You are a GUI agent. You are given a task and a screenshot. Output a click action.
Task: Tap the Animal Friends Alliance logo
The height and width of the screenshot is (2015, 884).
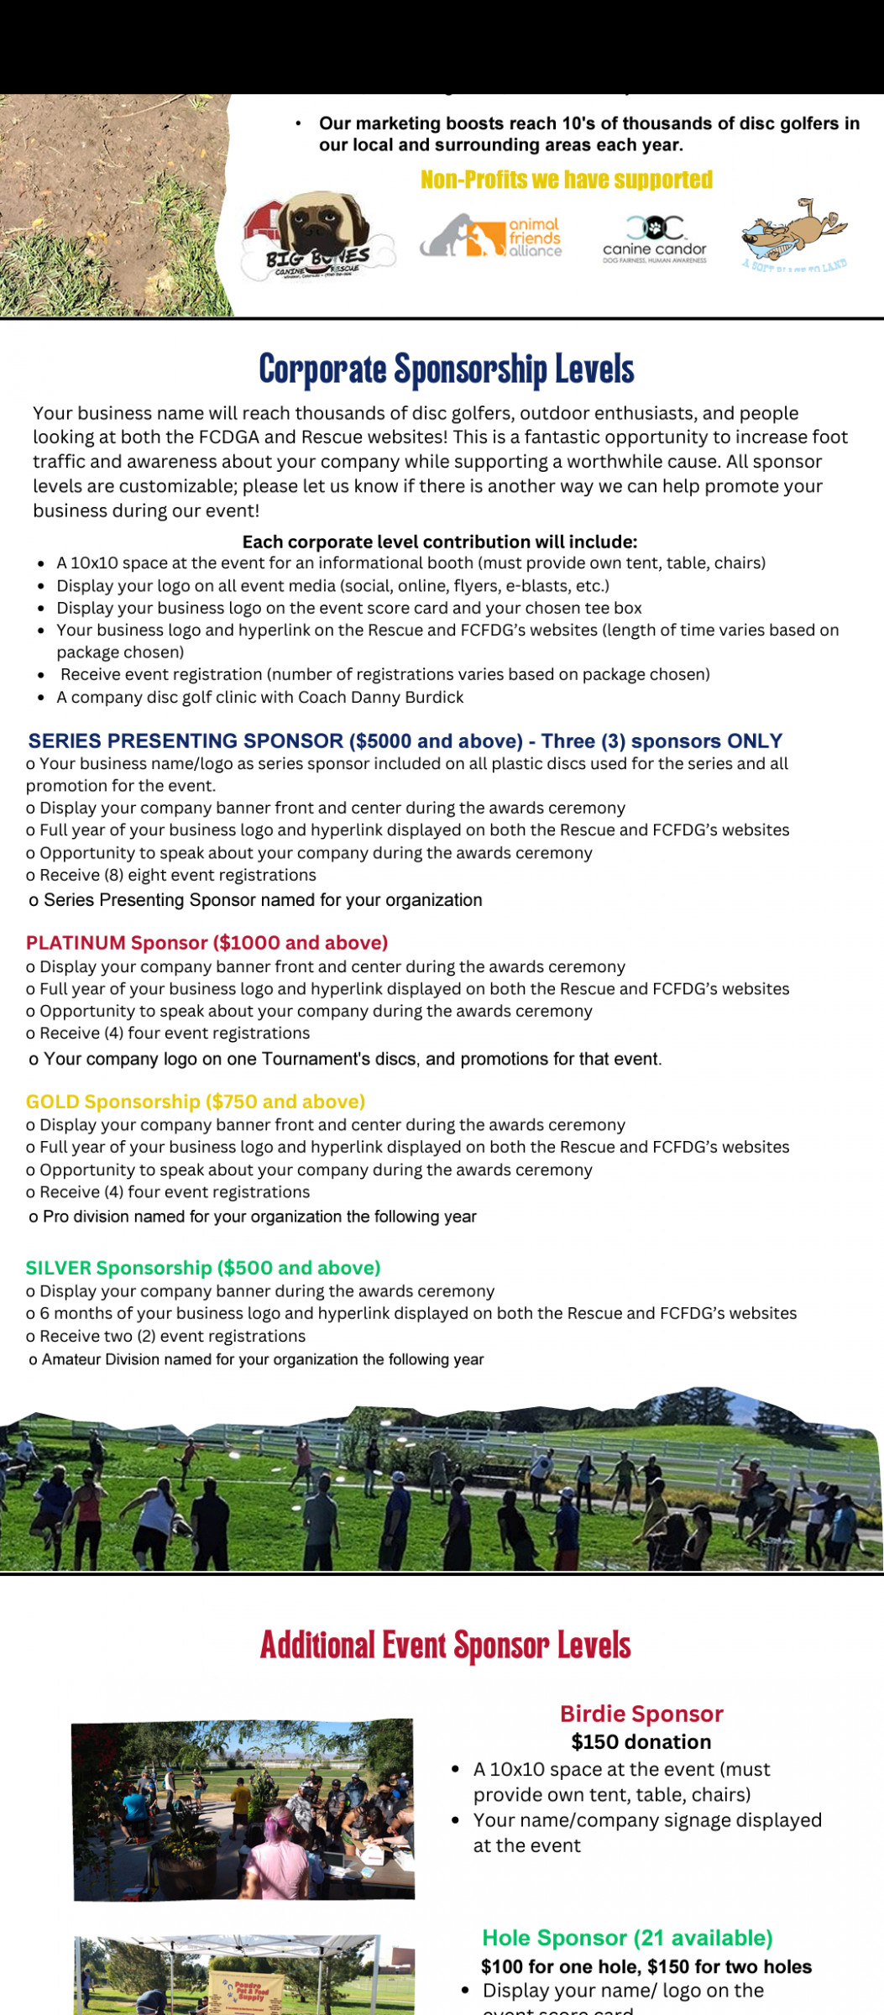click(491, 236)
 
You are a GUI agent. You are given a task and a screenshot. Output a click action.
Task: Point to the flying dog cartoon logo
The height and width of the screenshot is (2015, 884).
click(793, 233)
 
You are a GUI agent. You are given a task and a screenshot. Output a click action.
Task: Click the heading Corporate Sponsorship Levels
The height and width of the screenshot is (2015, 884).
click(446, 369)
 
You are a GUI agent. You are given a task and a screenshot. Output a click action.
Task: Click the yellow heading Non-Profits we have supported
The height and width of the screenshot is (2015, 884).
click(566, 180)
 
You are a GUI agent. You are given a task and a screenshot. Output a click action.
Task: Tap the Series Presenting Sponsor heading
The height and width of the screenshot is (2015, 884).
click(405, 741)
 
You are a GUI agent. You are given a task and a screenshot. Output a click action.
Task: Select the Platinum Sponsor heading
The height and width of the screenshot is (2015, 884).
click(207, 942)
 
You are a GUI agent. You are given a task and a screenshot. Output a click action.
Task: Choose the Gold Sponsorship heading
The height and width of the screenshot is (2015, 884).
click(196, 1101)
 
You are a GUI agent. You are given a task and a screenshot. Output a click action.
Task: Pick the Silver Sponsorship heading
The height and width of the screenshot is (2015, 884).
click(203, 1267)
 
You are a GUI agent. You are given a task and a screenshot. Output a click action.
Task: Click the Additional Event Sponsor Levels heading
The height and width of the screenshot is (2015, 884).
click(445, 1644)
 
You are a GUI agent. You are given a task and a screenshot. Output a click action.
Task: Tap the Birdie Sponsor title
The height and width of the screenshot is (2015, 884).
click(641, 1714)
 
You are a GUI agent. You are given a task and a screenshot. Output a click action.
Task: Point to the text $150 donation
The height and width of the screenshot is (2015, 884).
click(641, 1741)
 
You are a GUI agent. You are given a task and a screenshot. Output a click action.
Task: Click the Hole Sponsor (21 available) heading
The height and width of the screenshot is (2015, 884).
click(627, 1937)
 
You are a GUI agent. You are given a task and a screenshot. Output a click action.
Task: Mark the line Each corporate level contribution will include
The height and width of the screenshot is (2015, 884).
click(440, 542)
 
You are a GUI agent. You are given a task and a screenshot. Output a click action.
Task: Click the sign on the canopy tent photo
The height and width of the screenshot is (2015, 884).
click(235, 1988)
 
